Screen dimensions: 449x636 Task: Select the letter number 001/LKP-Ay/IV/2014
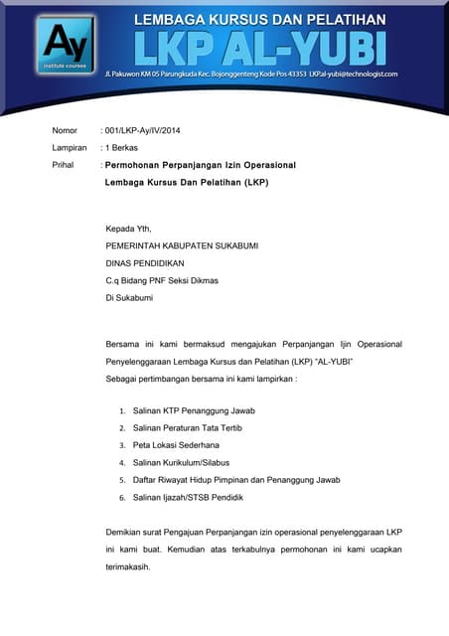[142, 131]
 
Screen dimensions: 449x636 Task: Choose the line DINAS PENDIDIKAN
[146, 263]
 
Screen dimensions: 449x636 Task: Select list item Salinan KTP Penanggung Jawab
[195, 410]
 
